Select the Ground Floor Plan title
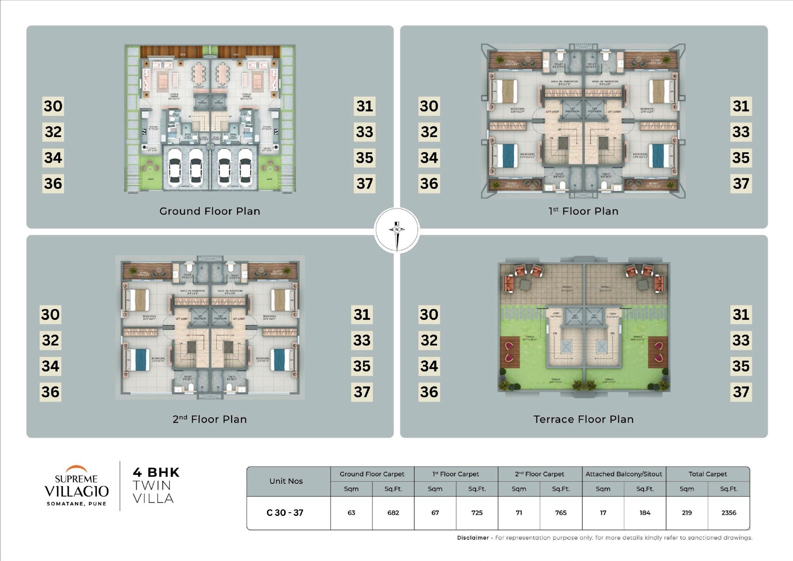coord(210,211)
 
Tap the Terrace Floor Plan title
coord(583,419)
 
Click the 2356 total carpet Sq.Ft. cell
coord(728,513)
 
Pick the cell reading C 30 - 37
coord(285,513)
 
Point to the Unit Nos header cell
coord(286,481)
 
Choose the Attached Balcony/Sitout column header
coord(623,474)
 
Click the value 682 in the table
coord(393,513)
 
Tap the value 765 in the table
coord(561,513)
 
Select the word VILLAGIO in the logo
coord(77,491)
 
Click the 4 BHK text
coord(156,472)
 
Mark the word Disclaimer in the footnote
coord(473,537)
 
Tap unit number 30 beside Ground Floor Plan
coord(53,106)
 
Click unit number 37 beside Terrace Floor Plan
coord(741,392)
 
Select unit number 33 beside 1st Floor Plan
coord(741,132)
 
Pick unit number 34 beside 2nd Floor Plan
coord(51,366)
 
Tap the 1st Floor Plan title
coord(583,211)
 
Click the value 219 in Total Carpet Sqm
coord(687,513)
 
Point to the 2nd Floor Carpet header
coord(539,474)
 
